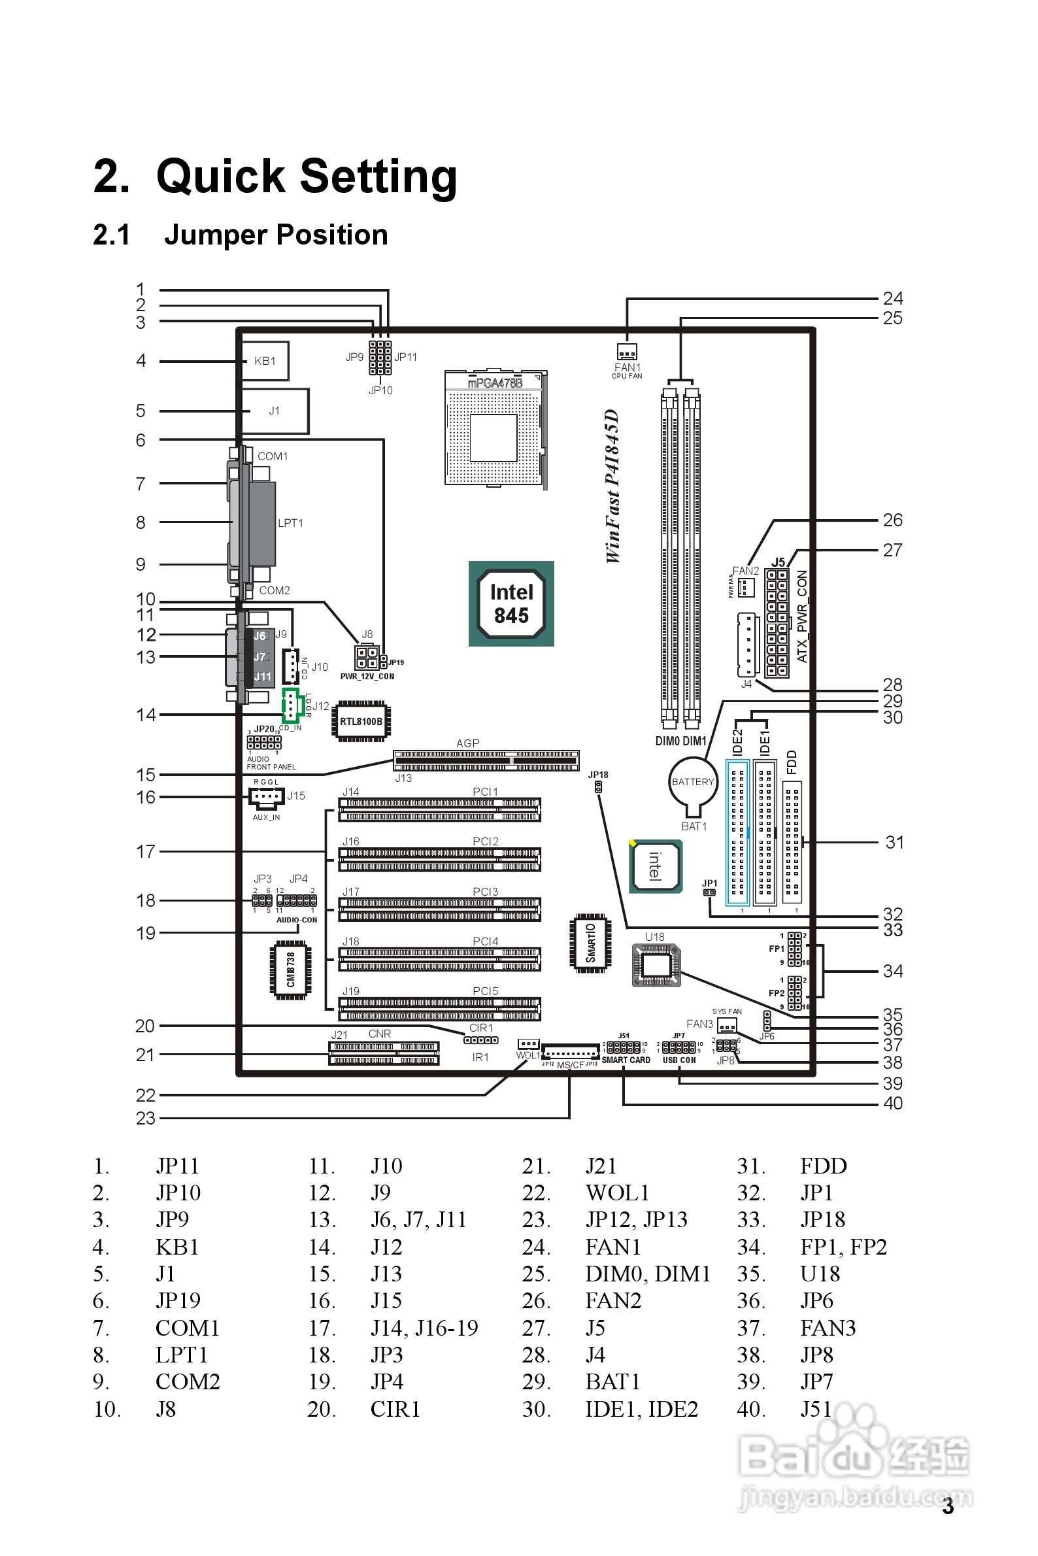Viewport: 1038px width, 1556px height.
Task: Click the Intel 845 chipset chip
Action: coord(511,604)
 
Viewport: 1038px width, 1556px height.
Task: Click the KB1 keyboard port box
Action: coord(265,361)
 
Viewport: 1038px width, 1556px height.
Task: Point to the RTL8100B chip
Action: coord(361,721)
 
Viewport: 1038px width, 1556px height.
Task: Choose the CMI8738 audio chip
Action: coord(291,970)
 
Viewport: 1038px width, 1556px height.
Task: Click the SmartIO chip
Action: coord(590,943)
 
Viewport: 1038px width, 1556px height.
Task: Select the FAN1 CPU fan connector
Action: coord(627,352)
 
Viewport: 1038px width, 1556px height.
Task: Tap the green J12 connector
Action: coord(292,706)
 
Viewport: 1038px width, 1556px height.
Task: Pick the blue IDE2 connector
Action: coord(737,832)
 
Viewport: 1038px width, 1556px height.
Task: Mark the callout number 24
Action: coord(892,299)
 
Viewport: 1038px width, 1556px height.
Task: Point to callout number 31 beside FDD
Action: coord(894,842)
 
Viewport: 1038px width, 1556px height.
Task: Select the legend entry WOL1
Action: coord(617,1192)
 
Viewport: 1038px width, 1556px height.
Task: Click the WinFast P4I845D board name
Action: coord(613,486)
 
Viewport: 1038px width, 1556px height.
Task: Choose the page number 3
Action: coord(948,1507)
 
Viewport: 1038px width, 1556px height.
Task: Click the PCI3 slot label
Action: coord(485,892)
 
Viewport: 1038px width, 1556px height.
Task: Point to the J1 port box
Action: coord(275,411)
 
